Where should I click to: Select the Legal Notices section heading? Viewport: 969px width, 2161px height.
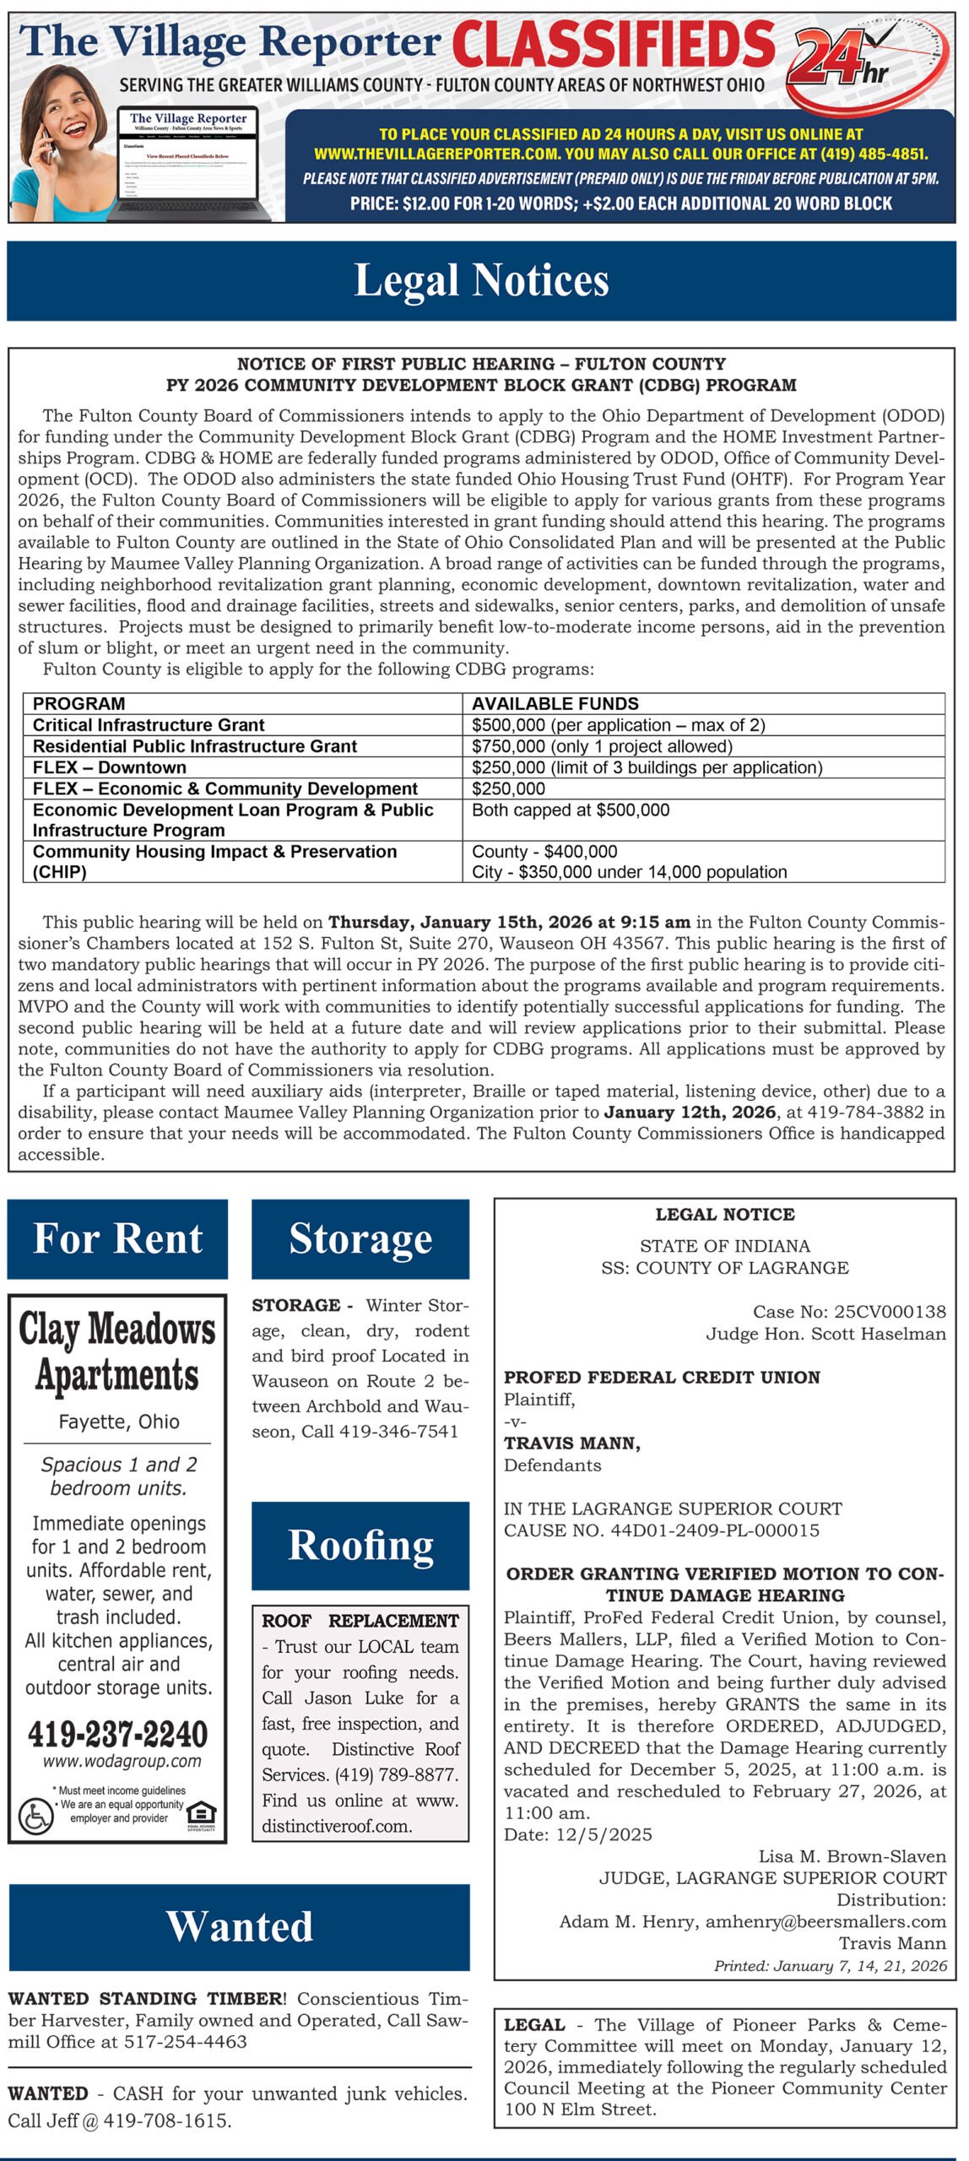click(481, 280)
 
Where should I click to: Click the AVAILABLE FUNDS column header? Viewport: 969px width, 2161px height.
click(555, 703)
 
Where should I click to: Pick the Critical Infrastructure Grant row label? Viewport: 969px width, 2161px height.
click(149, 725)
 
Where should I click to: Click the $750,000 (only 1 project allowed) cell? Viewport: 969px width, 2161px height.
click(602, 746)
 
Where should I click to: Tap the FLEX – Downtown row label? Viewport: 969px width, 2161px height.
click(110, 767)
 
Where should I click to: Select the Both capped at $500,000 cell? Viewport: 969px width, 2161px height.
click(571, 810)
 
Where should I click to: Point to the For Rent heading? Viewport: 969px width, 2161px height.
click(117, 1238)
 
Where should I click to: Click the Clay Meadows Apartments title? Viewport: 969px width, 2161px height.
click(117, 1352)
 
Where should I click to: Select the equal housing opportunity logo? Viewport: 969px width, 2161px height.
click(201, 1813)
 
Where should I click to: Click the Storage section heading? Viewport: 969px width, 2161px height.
click(360, 1238)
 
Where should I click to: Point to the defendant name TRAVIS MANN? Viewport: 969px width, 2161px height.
click(571, 1443)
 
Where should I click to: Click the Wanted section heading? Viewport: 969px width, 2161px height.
click(240, 1926)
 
